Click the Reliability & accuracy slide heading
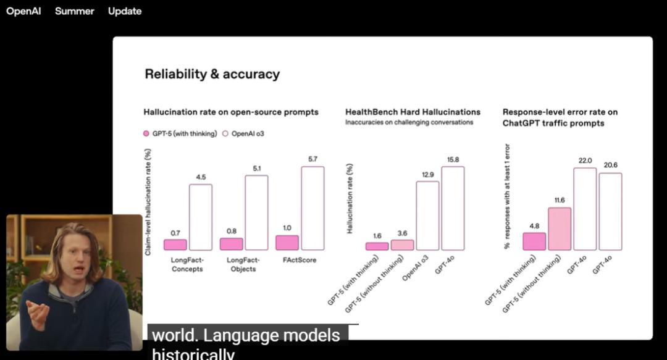click(212, 74)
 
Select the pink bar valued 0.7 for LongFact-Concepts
click(175, 245)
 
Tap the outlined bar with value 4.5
click(201, 217)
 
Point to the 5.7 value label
click(313, 159)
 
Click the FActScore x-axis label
click(300, 260)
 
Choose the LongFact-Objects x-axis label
click(243, 264)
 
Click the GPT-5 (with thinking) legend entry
click(180, 133)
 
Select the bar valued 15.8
click(453, 208)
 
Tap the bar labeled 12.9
click(427, 216)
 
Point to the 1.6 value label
click(377, 235)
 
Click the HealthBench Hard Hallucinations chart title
click(413, 112)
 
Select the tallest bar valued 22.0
click(585, 209)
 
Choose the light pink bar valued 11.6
click(559, 228)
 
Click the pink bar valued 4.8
click(534, 241)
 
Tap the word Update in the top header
click(125, 11)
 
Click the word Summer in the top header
click(75, 11)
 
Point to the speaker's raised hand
click(37, 312)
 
